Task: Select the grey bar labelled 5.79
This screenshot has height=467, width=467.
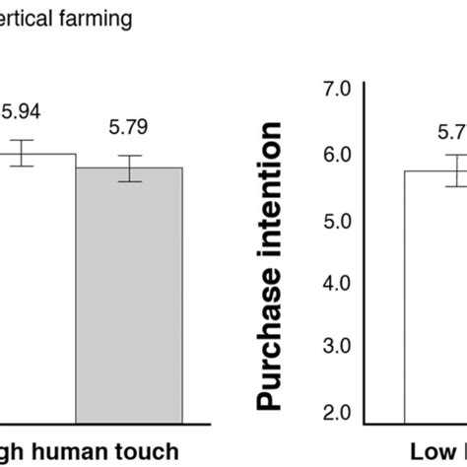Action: click(x=129, y=296)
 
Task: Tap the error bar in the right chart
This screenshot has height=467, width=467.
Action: click(x=455, y=169)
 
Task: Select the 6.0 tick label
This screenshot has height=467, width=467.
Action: click(x=337, y=156)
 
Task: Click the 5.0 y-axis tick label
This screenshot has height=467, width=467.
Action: click(x=337, y=221)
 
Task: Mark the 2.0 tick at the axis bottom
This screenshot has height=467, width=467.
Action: click(x=337, y=413)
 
